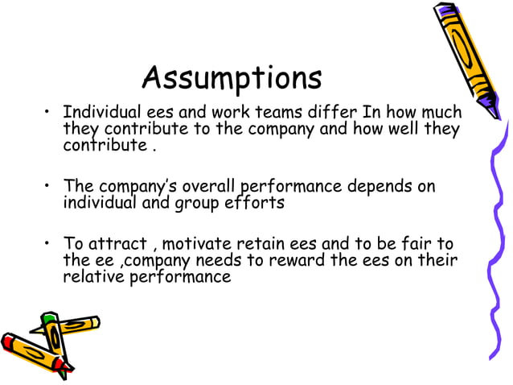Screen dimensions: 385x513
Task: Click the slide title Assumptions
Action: [x=232, y=78]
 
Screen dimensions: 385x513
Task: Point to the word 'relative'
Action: [x=92, y=277]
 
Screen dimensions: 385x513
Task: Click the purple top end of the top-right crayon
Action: [x=443, y=12]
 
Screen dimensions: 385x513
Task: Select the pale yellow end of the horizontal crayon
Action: [x=94, y=322]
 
